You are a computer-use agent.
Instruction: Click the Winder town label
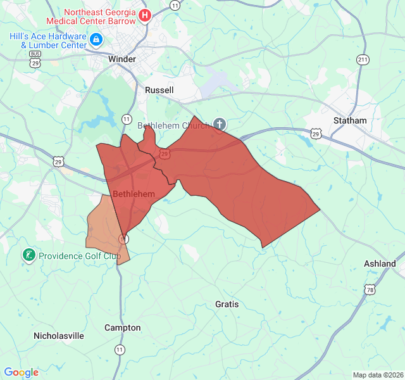coord(122,59)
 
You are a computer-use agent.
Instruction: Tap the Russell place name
coord(159,90)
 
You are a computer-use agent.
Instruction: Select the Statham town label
coord(350,120)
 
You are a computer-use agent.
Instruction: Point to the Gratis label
coord(227,304)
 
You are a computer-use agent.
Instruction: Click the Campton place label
coord(123,327)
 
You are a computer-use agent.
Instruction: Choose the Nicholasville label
coord(59,336)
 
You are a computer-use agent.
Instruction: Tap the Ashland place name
coord(380,263)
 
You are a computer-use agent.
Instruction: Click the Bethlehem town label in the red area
coord(134,194)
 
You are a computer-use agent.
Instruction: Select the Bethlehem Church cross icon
coord(219,125)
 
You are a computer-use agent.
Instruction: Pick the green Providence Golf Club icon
coord(28,255)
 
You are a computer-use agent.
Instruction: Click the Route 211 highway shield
coord(362,60)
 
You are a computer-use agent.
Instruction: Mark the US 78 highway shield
coord(369,289)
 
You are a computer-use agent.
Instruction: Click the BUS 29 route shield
coord(35,61)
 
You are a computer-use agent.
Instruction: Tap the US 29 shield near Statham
coord(316,134)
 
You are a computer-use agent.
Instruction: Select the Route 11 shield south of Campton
coord(120,349)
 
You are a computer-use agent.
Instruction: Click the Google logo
coord(21,372)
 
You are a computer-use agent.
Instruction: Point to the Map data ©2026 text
coord(377,375)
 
